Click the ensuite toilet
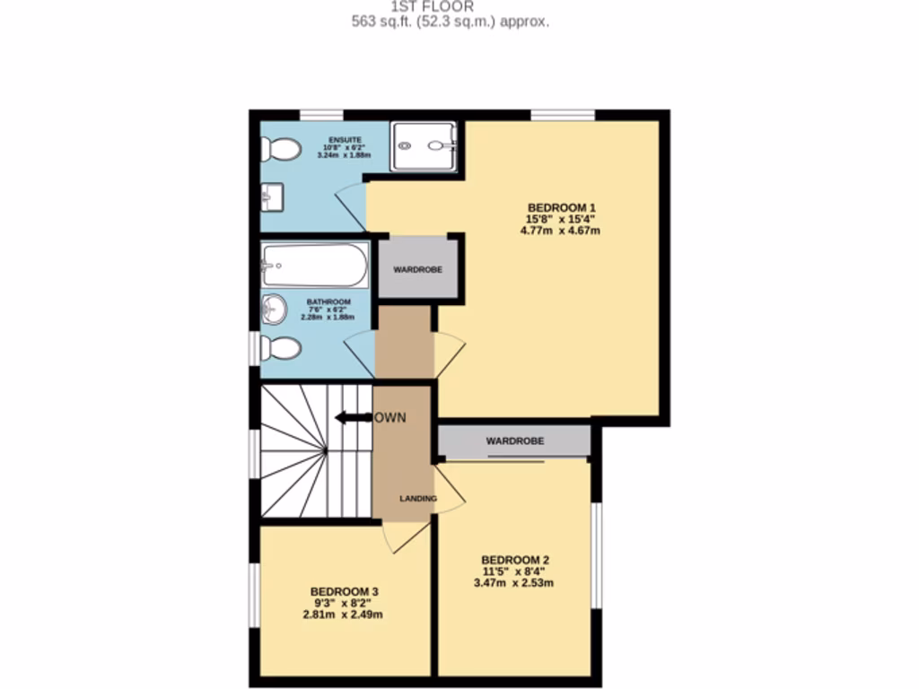282,149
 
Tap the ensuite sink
271,194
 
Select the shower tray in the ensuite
424,145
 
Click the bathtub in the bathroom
314,266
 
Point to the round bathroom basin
273,310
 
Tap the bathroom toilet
282,347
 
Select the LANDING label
418,499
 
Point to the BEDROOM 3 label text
345,591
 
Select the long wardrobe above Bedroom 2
514,440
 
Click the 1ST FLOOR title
451,6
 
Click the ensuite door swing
350,206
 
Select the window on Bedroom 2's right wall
595,556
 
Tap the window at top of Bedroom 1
563,115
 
